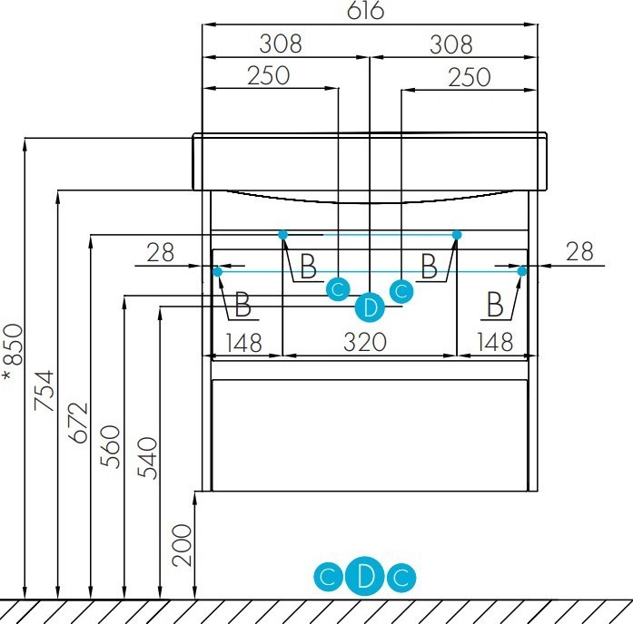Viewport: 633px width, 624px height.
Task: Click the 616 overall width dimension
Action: coord(365,11)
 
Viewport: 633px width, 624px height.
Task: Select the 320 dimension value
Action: coord(365,342)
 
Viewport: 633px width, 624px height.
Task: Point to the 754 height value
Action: coord(44,391)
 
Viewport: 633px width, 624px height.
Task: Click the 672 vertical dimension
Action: coord(78,423)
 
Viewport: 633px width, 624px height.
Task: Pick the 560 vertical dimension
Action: coord(110,446)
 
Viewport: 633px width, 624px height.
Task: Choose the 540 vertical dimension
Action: coord(147,458)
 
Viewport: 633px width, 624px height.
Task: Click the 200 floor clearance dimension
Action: coord(182,545)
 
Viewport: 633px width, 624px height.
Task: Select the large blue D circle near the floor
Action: coord(365,577)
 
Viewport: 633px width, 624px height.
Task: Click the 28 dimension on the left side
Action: coord(160,253)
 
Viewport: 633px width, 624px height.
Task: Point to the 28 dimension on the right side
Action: coord(579,251)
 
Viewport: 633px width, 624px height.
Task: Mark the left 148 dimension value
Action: coord(243,343)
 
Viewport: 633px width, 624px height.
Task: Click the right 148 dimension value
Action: coord(495,342)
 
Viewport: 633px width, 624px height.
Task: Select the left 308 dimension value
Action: coord(280,44)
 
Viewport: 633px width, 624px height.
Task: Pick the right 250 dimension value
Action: coord(470,77)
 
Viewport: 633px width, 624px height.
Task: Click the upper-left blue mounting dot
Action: coord(283,234)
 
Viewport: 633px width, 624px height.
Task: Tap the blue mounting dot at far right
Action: coord(522,271)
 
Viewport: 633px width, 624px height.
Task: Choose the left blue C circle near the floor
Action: coord(328,577)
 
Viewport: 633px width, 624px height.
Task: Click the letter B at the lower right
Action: coord(495,304)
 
